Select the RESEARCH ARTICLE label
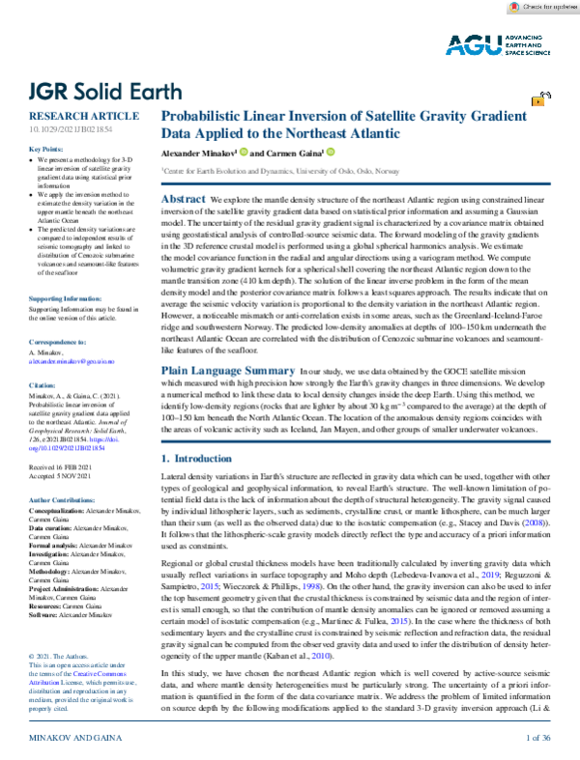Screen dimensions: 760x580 tap(72, 115)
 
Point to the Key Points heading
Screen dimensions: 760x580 tap(45, 149)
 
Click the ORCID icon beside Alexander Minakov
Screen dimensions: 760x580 tap(246, 152)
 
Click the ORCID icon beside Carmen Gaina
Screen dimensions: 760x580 tap(330, 152)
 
